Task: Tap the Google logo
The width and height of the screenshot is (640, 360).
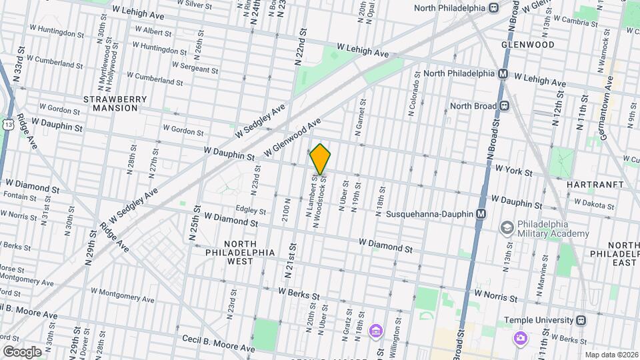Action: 21,351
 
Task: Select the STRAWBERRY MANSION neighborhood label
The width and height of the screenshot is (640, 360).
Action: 115,103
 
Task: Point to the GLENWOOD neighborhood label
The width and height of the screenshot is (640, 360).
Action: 528,45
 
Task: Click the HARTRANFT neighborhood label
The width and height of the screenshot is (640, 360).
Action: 595,184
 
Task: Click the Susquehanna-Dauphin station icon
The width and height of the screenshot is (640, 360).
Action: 480,214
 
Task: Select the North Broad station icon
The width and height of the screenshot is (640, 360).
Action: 505,105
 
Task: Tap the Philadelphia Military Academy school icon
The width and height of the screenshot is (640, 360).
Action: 507,228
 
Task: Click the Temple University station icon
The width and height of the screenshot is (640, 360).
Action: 581,320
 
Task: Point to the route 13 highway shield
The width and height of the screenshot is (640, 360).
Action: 7,125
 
